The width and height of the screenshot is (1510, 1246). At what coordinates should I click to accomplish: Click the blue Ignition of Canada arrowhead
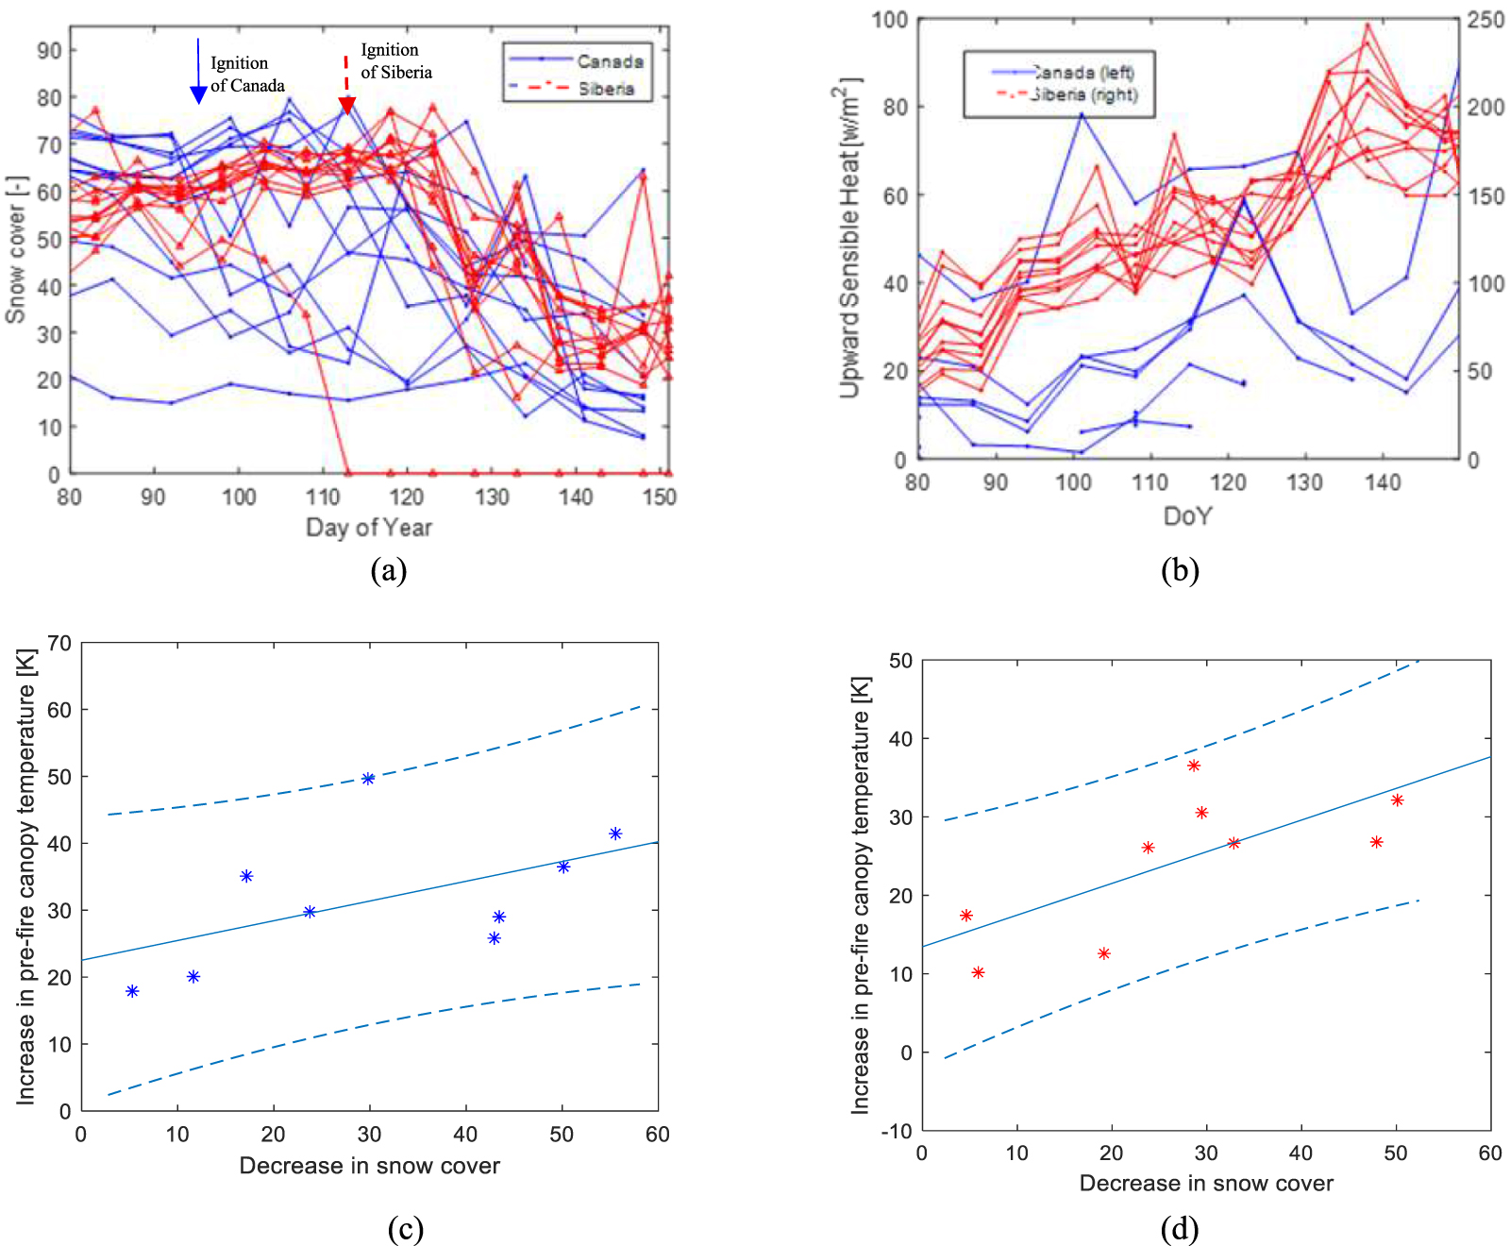(198, 94)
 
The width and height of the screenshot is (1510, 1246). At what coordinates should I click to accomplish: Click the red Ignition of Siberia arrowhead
(346, 105)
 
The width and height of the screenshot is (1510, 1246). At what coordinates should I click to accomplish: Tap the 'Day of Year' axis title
(369, 528)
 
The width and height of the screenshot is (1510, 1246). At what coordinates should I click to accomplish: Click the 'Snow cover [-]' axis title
(16, 249)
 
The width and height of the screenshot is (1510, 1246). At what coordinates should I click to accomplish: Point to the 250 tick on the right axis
(1485, 20)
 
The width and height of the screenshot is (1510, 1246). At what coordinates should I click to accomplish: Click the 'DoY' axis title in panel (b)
(1187, 515)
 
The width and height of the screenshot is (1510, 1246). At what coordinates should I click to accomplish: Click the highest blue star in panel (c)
(368, 779)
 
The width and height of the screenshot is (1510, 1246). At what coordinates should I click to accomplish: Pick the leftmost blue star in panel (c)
(132, 991)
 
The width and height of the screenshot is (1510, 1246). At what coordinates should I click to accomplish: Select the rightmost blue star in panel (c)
(615, 833)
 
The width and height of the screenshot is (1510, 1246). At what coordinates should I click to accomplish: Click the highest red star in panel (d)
(1194, 766)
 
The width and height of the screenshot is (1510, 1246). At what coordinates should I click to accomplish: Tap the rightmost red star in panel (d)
(1398, 800)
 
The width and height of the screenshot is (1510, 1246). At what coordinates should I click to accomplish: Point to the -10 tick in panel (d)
(900, 1131)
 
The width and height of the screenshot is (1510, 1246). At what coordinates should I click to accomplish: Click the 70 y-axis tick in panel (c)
(59, 644)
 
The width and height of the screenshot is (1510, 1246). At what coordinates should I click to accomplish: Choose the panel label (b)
(1180, 571)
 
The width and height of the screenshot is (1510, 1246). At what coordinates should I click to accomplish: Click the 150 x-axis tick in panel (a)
(660, 497)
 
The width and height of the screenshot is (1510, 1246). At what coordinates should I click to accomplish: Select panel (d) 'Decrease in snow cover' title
(1206, 1184)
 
